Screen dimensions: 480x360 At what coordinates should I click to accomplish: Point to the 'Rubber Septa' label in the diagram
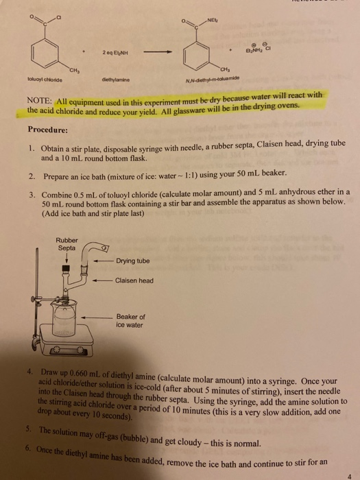pos(67,244)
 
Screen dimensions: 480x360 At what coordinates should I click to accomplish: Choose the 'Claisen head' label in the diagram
pos(134,280)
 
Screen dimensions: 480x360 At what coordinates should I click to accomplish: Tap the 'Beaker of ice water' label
pos(130,320)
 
